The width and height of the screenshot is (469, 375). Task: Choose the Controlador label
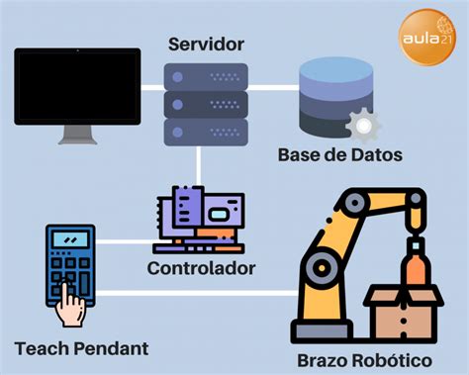tap(201, 268)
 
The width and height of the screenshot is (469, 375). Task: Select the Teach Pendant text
tap(82, 348)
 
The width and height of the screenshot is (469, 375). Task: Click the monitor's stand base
tap(76, 141)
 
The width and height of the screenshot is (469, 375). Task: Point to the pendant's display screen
tap(70, 240)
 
